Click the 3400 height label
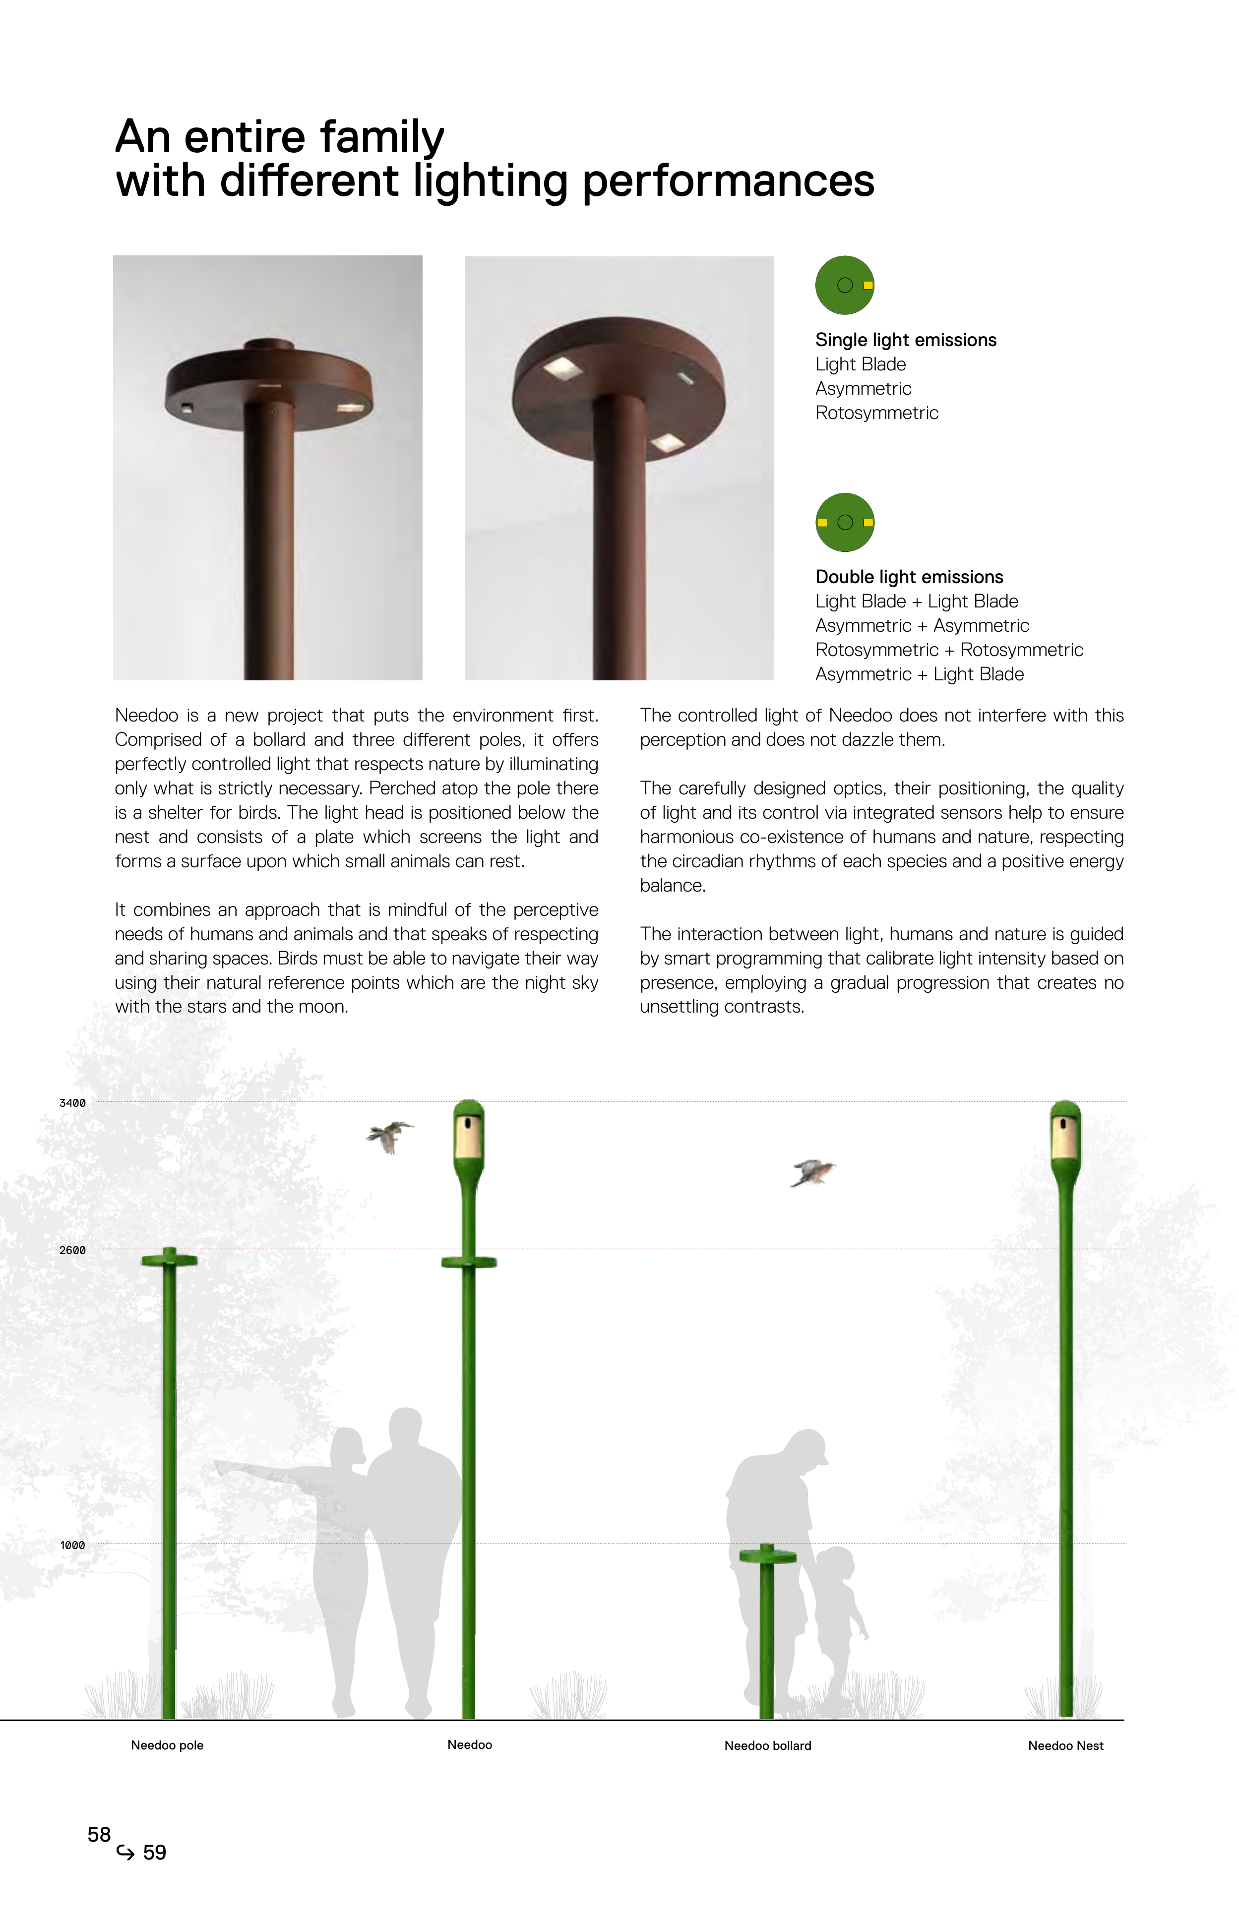72,1103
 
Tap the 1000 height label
72,1545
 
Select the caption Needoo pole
167,1745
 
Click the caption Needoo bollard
767,1745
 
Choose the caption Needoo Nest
1065,1745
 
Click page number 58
99,1834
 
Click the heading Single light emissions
906,340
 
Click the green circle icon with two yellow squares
845,522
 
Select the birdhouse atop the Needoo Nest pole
1065,1136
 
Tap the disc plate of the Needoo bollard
767,1557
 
